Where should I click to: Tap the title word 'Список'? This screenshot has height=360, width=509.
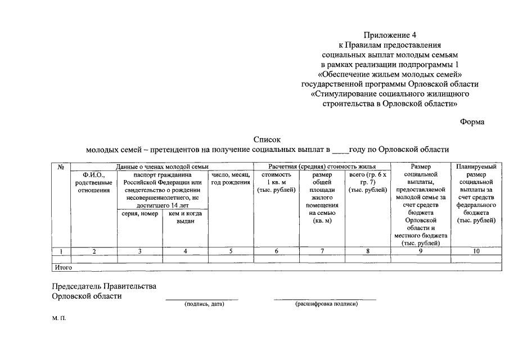[267, 139]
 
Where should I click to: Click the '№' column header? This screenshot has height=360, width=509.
[61, 167]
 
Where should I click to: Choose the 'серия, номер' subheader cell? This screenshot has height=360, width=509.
[139, 214]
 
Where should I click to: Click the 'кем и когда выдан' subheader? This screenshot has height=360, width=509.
[185, 218]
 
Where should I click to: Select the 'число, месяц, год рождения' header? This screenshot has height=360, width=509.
[231, 179]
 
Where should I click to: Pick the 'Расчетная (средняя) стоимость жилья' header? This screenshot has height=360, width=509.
[322, 167]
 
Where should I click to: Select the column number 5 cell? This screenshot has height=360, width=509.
[231, 251]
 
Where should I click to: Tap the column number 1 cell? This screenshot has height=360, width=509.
[61, 251]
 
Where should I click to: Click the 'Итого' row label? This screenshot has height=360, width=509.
[62, 267]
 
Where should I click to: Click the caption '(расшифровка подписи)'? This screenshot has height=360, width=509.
[326, 304]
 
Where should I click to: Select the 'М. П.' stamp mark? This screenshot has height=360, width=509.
[59, 319]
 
